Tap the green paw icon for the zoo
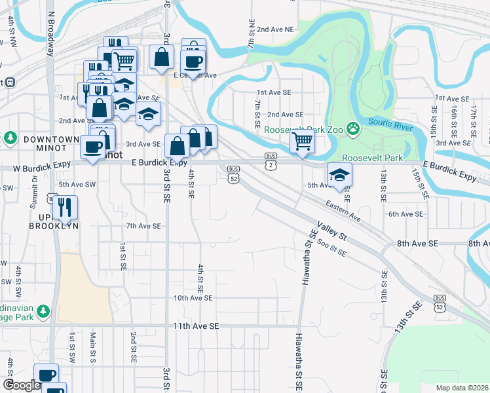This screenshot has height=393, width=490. click(353, 128)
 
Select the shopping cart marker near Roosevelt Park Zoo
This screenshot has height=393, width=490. click(302, 140)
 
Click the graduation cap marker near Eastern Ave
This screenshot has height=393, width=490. click(339, 175)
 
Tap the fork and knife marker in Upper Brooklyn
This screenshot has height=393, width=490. click(66, 208)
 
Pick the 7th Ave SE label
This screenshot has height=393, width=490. click(143, 226)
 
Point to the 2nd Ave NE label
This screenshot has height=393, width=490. click(276, 29)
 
